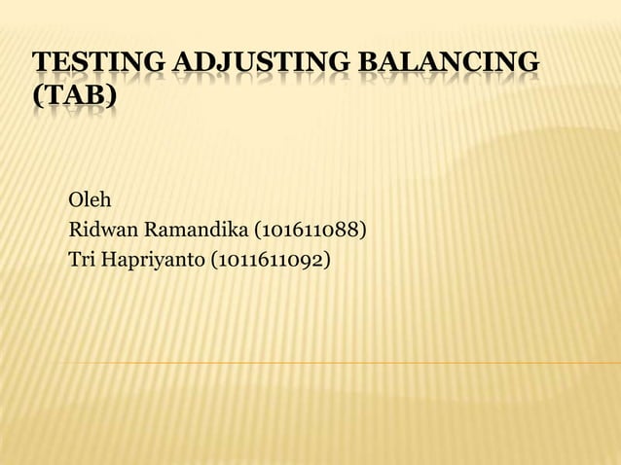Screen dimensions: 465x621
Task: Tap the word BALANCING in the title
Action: pyautogui.click(x=452, y=65)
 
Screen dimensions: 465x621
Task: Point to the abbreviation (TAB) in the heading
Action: pyautogui.click(x=74, y=98)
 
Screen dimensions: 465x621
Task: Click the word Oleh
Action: pyautogui.click(x=90, y=201)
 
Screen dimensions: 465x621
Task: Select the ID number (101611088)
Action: pyautogui.click(x=310, y=231)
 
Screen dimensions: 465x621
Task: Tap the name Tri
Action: pyautogui.click(x=82, y=260)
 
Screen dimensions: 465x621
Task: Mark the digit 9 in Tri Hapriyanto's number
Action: pyautogui.click(x=311, y=260)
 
